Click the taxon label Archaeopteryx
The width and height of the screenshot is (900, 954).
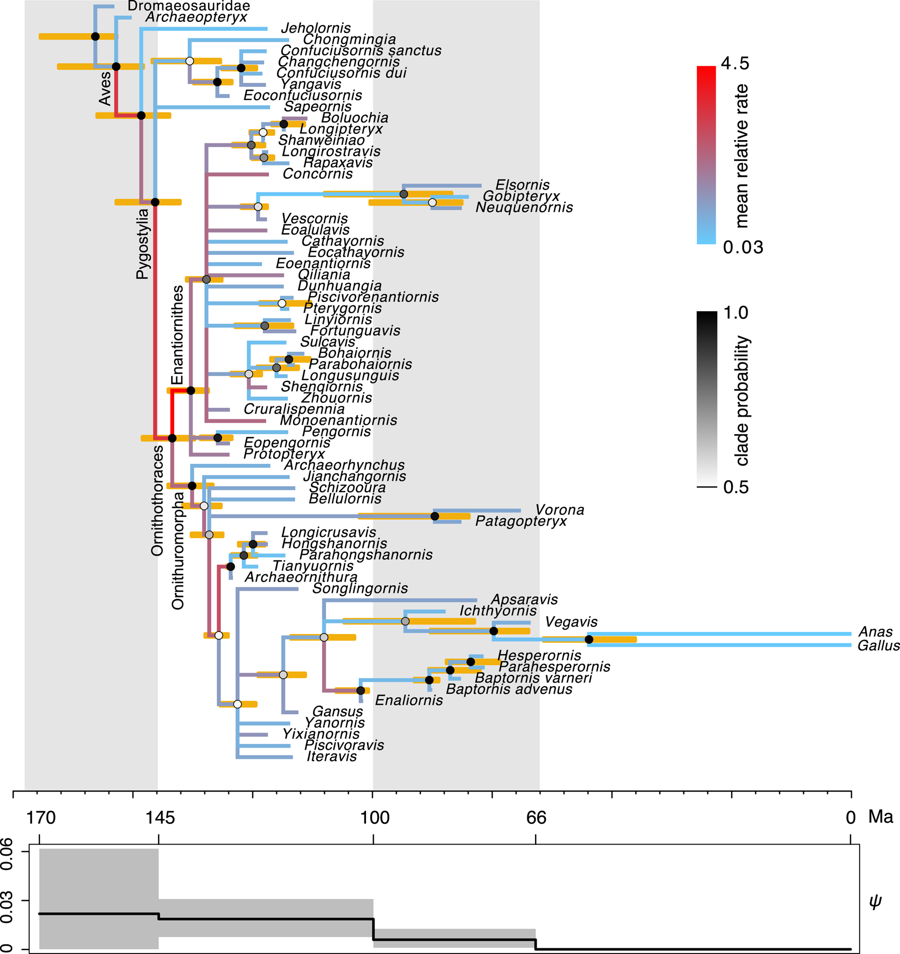coord(196,17)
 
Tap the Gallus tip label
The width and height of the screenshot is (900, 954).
coord(878,646)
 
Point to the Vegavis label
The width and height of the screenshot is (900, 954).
coord(571,621)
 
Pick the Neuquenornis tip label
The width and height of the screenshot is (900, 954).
coord(524,208)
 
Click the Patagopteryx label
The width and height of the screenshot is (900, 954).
coord(521,521)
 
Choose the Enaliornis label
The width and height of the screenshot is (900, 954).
coord(409,700)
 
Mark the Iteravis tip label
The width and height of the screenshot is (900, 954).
coord(332,756)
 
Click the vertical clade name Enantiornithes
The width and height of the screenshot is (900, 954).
coord(177,335)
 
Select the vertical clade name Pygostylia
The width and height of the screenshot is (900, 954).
coord(142,244)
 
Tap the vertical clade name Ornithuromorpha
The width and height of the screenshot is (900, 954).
coord(178,551)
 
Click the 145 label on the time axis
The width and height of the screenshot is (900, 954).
coord(160,818)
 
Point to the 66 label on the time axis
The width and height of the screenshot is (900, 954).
coord(536,818)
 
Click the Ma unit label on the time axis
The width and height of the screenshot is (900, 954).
coord(881,818)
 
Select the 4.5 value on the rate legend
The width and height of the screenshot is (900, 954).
coord(735,63)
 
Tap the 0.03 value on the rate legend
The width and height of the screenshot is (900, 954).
coord(743,247)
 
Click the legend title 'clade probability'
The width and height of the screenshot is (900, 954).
coord(742,400)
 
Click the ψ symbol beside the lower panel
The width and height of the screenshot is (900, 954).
coord(876,901)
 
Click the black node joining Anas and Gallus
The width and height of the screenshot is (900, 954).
coord(589,640)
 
